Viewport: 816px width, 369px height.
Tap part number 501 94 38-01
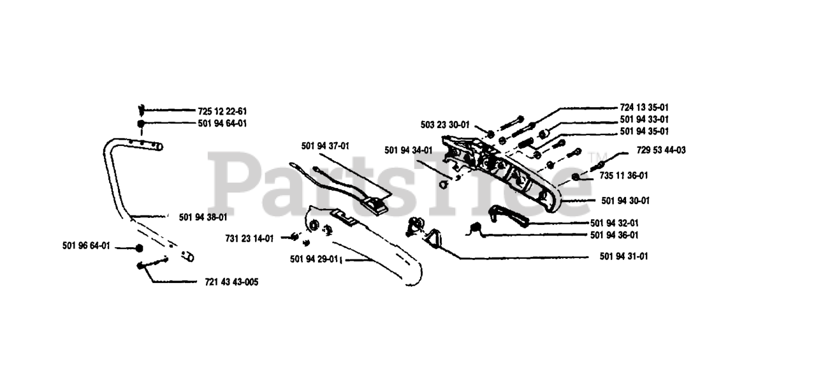[x=203, y=217]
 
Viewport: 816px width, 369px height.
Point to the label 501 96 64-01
[x=86, y=246]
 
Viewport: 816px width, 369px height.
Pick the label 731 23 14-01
[x=249, y=238]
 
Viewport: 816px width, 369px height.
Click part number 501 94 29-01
[x=314, y=259]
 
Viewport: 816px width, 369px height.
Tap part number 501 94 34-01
[x=408, y=150]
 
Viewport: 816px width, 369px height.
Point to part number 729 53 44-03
[x=661, y=150]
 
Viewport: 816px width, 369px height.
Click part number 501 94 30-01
[x=625, y=200]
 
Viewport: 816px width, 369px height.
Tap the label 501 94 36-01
[x=615, y=235]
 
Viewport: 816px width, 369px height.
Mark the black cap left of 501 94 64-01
[x=141, y=124]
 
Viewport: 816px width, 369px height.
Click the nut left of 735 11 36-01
[x=576, y=176]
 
